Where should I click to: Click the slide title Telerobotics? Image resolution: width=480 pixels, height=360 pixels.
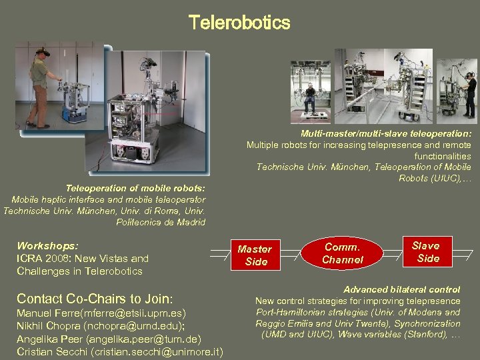pyautogui.click(x=239, y=23)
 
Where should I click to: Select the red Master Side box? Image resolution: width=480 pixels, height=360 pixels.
pyautogui.click(x=255, y=255)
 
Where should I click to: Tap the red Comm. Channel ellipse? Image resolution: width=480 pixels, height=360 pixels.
pyautogui.click(x=343, y=253)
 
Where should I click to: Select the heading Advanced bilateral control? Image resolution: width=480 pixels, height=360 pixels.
pyautogui.click(x=402, y=289)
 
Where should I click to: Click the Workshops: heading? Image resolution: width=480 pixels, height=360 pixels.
pyautogui.click(x=47, y=245)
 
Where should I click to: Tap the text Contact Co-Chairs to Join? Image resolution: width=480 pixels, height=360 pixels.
pyautogui.click(x=95, y=298)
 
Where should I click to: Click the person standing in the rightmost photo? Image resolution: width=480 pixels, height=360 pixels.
pyautogui.click(x=469, y=93)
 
